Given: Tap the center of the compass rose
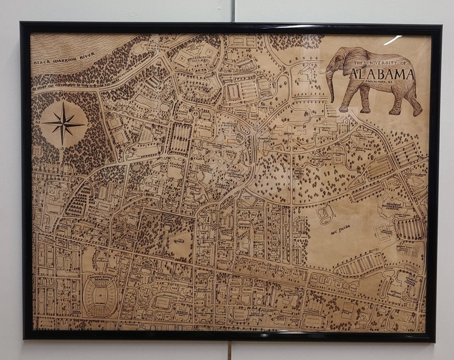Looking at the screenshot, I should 63,122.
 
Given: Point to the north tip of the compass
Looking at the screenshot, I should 63,104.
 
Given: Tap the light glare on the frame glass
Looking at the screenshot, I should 392,40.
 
